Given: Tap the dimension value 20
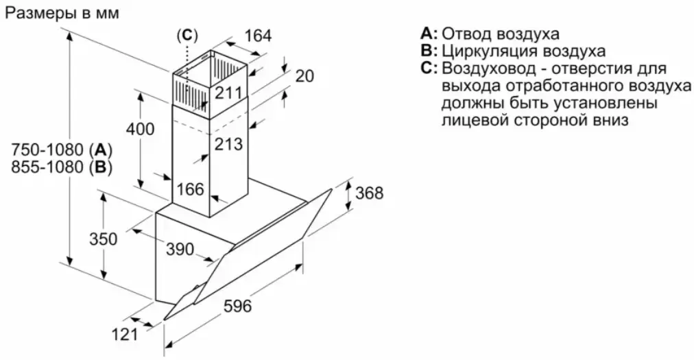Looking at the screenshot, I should pyautogui.click(x=304, y=76).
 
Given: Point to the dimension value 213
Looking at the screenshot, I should pyautogui.click(x=228, y=144).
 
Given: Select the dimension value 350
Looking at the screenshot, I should pyautogui.click(x=104, y=239).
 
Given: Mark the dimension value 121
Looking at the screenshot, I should pyautogui.click(x=124, y=334).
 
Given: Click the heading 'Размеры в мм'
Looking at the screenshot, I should pyautogui.click(x=62, y=13).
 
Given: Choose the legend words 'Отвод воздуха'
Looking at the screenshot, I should pyautogui.click(x=501, y=34).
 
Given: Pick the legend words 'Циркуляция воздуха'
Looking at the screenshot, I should pyautogui.click(x=524, y=51).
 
